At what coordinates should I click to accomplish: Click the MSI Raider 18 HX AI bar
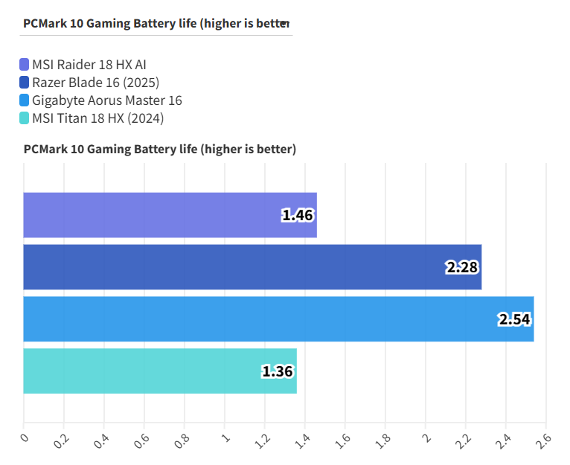click(170, 215)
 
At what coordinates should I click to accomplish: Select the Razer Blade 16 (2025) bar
click(252, 267)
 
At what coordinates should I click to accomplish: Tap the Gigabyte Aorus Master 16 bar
click(278, 319)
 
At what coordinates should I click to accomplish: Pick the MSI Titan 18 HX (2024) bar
click(160, 371)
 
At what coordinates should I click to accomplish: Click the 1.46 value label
click(298, 216)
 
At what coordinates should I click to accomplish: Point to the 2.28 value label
click(462, 268)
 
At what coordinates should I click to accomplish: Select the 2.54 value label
click(515, 320)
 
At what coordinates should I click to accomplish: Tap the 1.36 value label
click(278, 372)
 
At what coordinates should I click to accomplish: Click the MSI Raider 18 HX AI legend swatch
click(25, 64)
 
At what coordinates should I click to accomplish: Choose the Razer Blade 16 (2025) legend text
click(96, 83)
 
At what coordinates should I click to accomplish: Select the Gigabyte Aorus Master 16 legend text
click(107, 100)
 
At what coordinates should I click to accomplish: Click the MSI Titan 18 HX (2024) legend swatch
click(25, 118)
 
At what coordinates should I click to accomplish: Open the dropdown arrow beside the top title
click(284, 24)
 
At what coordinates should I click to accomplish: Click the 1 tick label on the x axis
click(224, 437)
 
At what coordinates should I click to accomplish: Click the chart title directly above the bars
click(160, 150)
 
